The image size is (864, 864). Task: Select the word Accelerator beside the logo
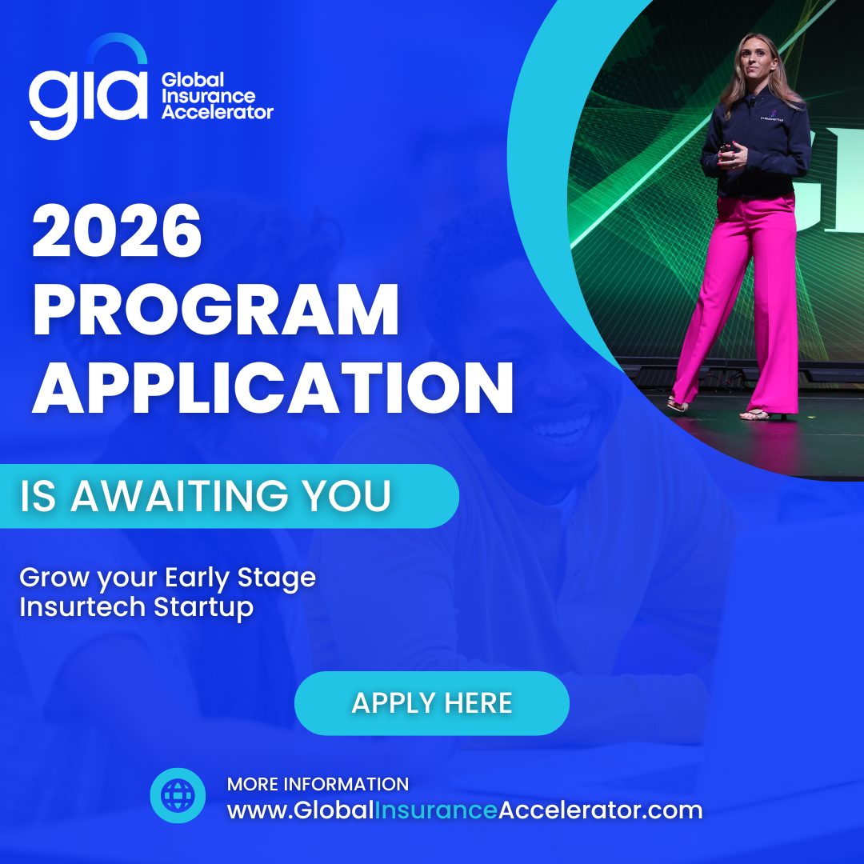[x=217, y=113]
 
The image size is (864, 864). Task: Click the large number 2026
[x=117, y=230]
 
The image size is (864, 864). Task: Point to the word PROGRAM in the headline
[x=215, y=310]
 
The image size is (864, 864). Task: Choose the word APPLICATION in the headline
[x=273, y=388]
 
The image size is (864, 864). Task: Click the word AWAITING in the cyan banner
[x=179, y=495]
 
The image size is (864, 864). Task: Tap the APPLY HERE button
[x=432, y=703]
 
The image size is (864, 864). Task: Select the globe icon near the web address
[x=178, y=796]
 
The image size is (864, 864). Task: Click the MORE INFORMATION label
[x=318, y=784]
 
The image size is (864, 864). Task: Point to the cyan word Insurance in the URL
[x=437, y=810]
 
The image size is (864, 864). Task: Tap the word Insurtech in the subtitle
[x=82, y=606]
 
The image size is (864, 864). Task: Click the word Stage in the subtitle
[x=277, y=578]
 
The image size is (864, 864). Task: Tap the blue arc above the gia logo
[x=117, y=46]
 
